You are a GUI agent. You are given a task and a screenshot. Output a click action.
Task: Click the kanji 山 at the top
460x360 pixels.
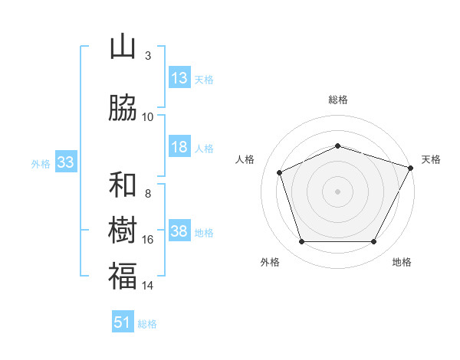click(123, 47)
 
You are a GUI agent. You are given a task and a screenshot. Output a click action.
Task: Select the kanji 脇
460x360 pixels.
click(123, 109)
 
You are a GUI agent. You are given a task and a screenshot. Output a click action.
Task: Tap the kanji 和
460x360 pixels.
click(123, 185)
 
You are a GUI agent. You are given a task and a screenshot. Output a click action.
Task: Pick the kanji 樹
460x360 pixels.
click(123, 231)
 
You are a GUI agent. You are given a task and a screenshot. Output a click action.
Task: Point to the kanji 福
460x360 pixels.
click(123, 276)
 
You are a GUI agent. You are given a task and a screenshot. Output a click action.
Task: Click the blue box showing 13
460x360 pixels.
click(179, 78)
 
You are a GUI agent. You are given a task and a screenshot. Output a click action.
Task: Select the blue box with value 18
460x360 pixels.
click(179, 147)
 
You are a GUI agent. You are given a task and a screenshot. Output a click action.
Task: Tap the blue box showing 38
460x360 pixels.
click(179, 231)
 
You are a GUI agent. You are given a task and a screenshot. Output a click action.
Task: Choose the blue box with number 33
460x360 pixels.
click(65, 162)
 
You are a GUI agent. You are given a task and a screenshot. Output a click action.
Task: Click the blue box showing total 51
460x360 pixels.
click(123, 322)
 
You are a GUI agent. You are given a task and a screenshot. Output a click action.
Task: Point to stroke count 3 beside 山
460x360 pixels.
click(148, 56)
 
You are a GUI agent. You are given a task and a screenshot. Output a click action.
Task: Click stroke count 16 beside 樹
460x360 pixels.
click(148, 240)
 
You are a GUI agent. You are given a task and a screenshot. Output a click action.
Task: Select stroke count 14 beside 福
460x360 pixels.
click(148, 286)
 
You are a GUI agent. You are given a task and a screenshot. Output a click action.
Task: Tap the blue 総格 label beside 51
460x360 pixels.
click(147, 324)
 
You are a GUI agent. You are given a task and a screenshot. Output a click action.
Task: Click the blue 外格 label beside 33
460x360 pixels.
click(41, 164)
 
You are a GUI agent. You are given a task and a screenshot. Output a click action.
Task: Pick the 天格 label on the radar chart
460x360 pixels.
click(431, 159)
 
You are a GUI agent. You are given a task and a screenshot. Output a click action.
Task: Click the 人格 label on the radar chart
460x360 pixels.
click(245, 159)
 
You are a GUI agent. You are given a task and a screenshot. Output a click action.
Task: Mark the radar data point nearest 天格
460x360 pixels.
click(412, 167)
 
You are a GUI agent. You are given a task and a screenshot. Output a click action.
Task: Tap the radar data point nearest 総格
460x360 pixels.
click(337, 146)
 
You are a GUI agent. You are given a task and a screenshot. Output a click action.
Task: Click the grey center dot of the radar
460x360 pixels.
click(337, 191)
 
